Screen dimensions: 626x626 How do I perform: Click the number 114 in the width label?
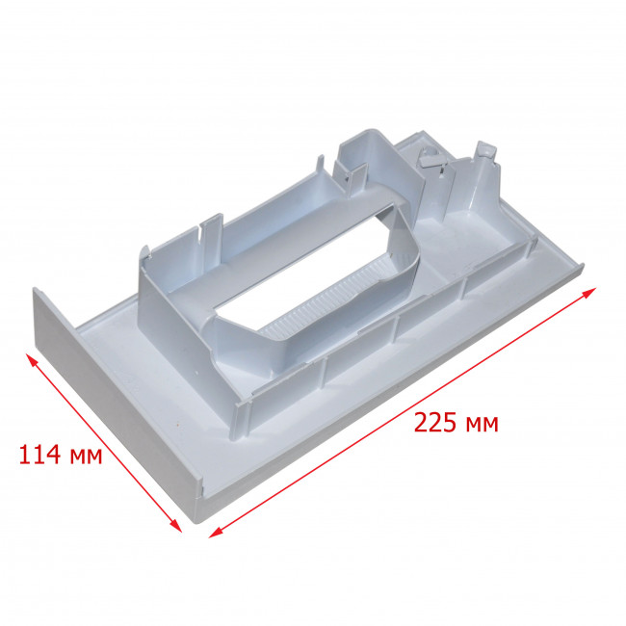click(39, 455)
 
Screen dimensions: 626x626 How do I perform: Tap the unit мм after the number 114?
click(86, 456)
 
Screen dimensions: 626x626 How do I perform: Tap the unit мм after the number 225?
click(483, 425)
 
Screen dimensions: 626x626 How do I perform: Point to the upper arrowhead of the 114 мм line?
click(31, 359)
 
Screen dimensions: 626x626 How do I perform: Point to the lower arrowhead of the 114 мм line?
click(175, 526)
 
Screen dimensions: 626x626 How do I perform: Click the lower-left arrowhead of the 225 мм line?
click(215, 533)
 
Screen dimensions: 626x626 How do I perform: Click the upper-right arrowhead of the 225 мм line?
click(589, 292)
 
